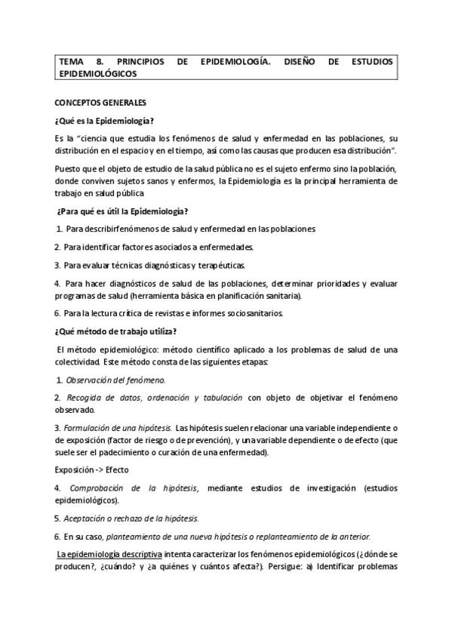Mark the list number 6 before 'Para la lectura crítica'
point(57,312)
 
